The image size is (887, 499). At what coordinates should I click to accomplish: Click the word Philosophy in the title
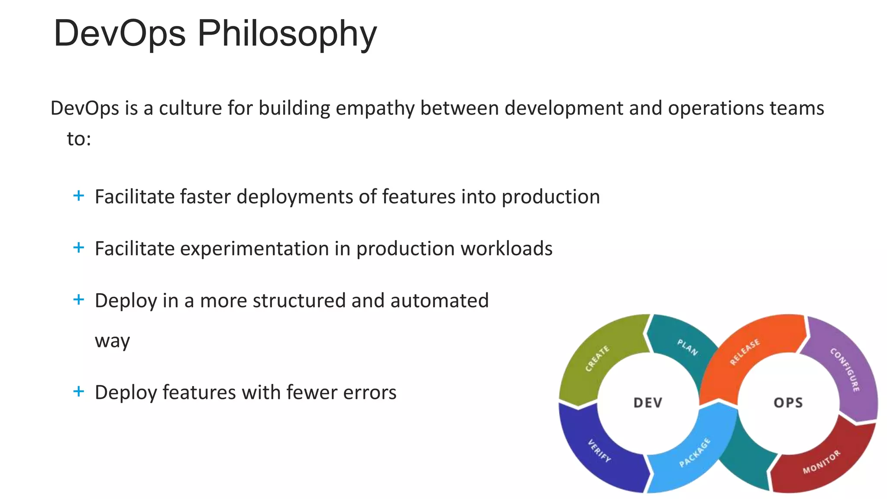point(287,34)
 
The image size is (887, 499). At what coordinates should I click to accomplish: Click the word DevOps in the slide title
point(120,34)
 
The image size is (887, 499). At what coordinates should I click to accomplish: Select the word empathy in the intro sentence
point(375,108)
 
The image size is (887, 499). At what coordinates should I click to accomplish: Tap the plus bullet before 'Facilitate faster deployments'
point(78,196)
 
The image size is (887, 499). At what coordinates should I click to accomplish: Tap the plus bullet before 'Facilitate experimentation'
point(78,248)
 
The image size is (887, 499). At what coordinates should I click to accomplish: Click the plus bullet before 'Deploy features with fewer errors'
point(78,392)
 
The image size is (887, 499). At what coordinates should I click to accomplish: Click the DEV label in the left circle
point(648,403)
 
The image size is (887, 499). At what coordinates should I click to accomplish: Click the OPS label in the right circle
point(788,403)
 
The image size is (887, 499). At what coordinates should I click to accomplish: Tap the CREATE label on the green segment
point(597,359)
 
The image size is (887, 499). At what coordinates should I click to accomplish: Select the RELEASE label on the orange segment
point(745,352)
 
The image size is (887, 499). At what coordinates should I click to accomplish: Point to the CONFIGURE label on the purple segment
point(845,369)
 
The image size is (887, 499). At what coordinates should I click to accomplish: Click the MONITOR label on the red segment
point(821,462)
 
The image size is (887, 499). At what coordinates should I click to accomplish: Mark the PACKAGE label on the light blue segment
point(695,453)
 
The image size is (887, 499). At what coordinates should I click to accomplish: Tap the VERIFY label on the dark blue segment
point(599,451)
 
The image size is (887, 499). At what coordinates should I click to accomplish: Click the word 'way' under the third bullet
point(112,341)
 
